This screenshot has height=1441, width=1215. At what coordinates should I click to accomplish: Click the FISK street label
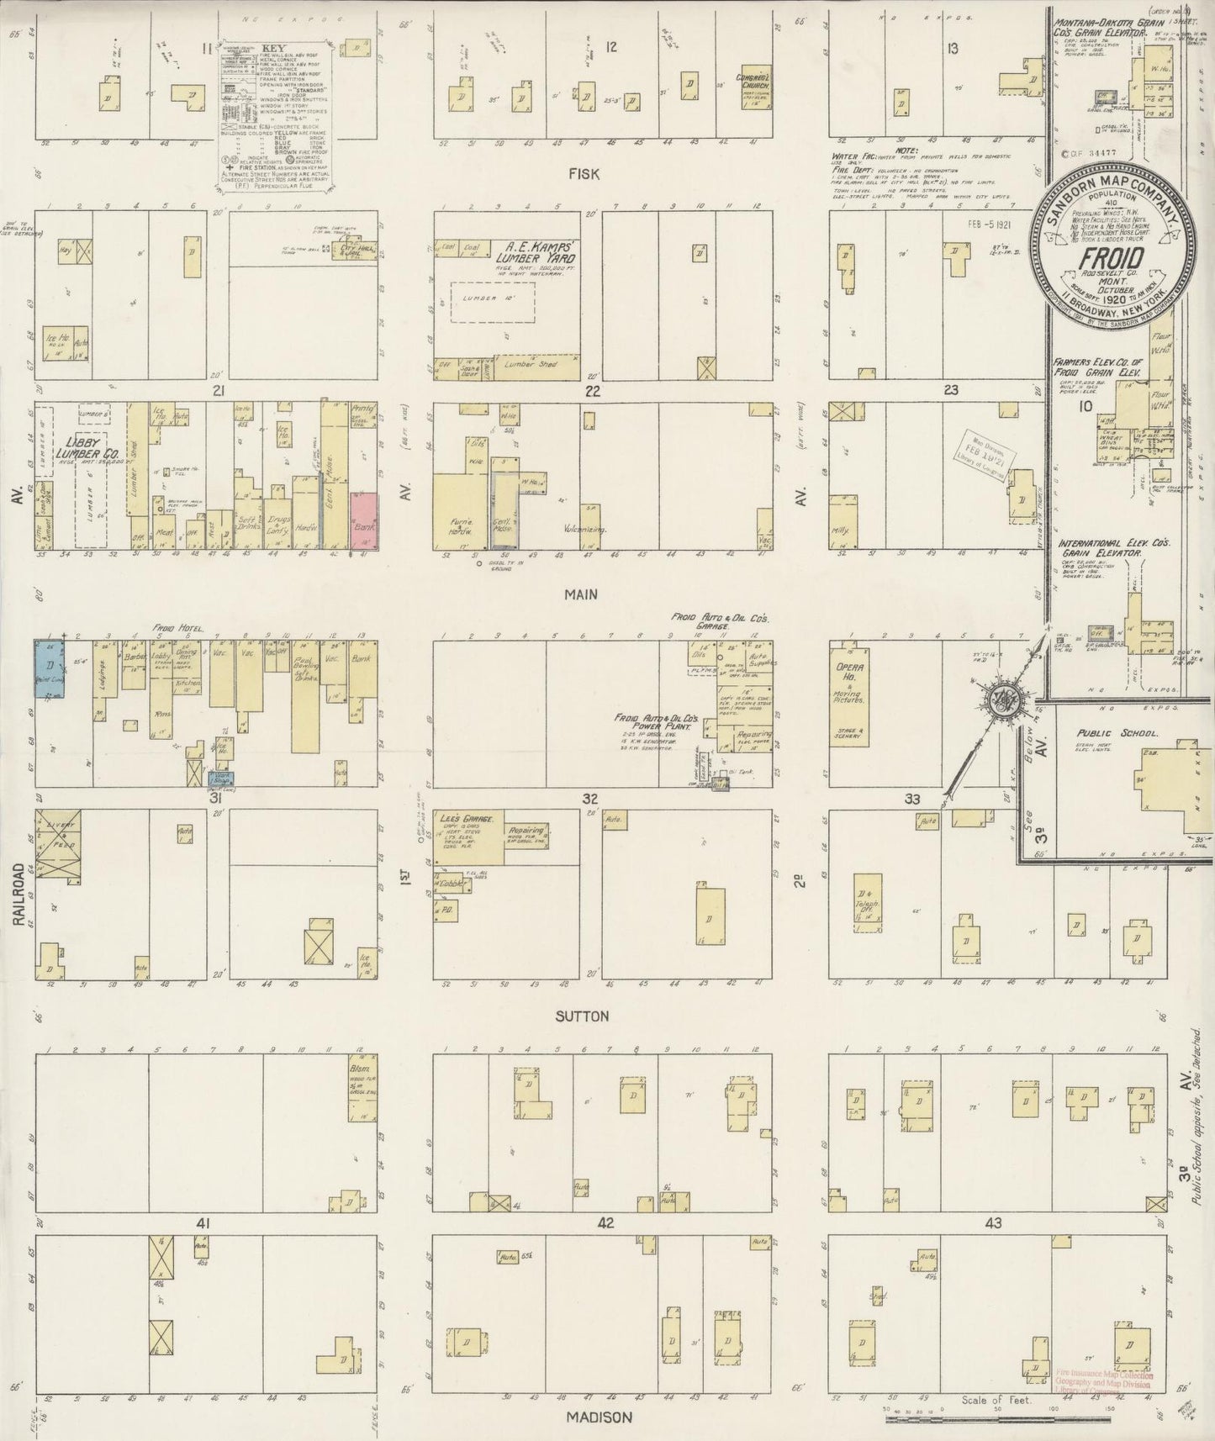pyautogui.click(x=582, y=174)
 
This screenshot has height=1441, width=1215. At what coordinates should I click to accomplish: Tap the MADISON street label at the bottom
pyautogui.click(x=599, y=1417)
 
